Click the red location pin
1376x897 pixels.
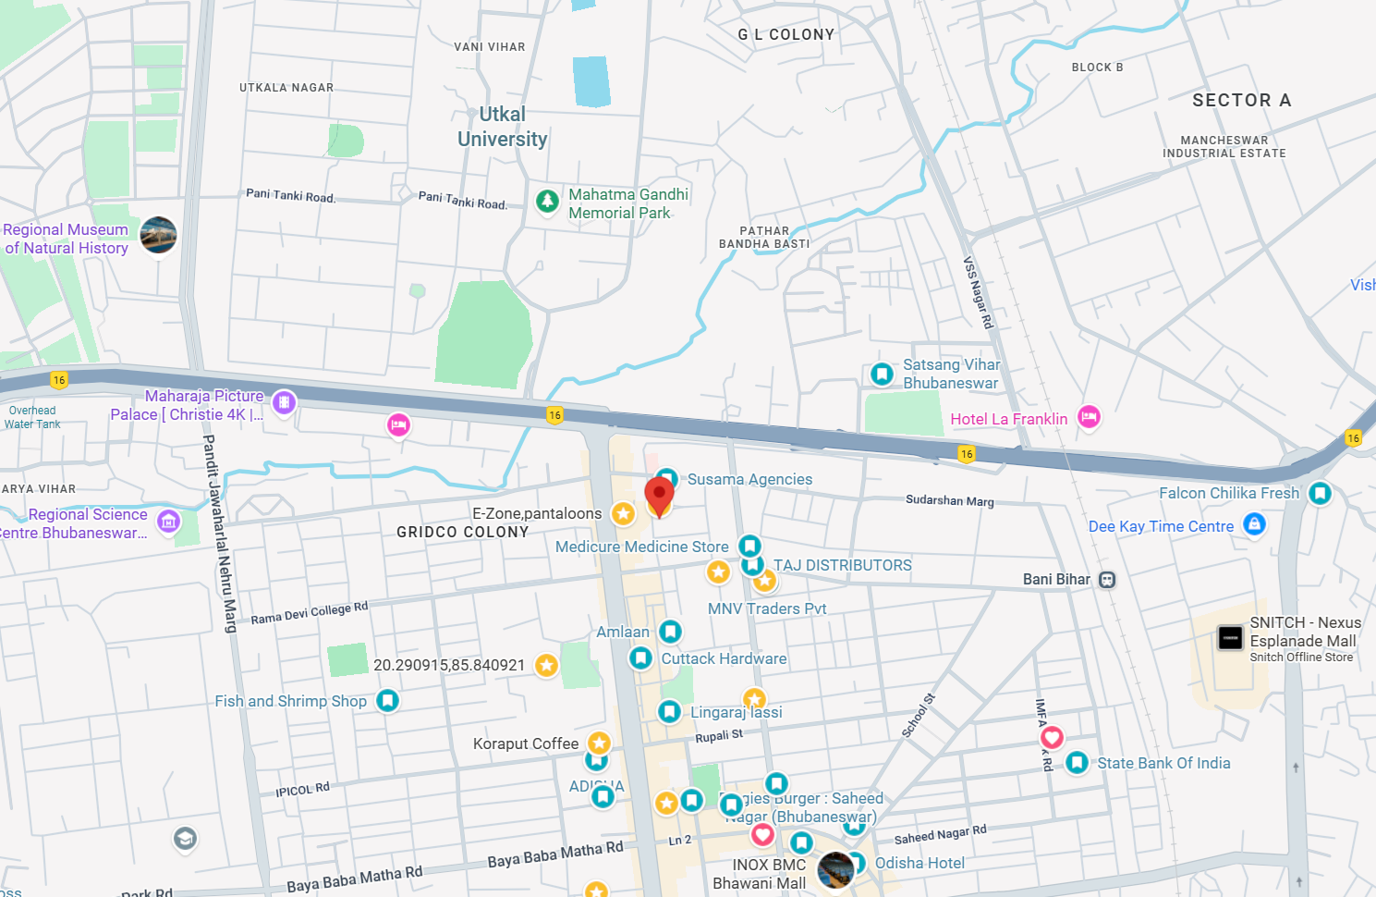pos(659,496)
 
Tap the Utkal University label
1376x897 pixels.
pos(503,127)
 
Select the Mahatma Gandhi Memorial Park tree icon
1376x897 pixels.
pos(547,201)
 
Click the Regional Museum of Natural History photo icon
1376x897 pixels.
pos(158,235)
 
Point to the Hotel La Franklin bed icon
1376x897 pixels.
pos(1089,417)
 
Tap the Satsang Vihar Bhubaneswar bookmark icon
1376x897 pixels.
pos(883,374)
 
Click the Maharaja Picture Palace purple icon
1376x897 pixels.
pos(284,402)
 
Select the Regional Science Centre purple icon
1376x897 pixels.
pos(168,522)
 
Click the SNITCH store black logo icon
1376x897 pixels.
pos(1230,637)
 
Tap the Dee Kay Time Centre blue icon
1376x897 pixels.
pos(1254,524)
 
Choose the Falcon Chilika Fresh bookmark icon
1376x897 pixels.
pos(1320,493)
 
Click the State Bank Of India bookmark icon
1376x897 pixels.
pos(1077,762)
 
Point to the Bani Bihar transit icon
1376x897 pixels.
pos(1107,580)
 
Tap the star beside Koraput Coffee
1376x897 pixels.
pos(600,743)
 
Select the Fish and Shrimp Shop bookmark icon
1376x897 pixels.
pos(387,700)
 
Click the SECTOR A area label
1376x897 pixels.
pos(1241,100)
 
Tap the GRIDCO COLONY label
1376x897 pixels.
pos(462,532)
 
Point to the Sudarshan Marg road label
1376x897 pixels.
pos(949,500)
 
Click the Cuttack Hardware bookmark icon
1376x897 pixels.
pos(640,657)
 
